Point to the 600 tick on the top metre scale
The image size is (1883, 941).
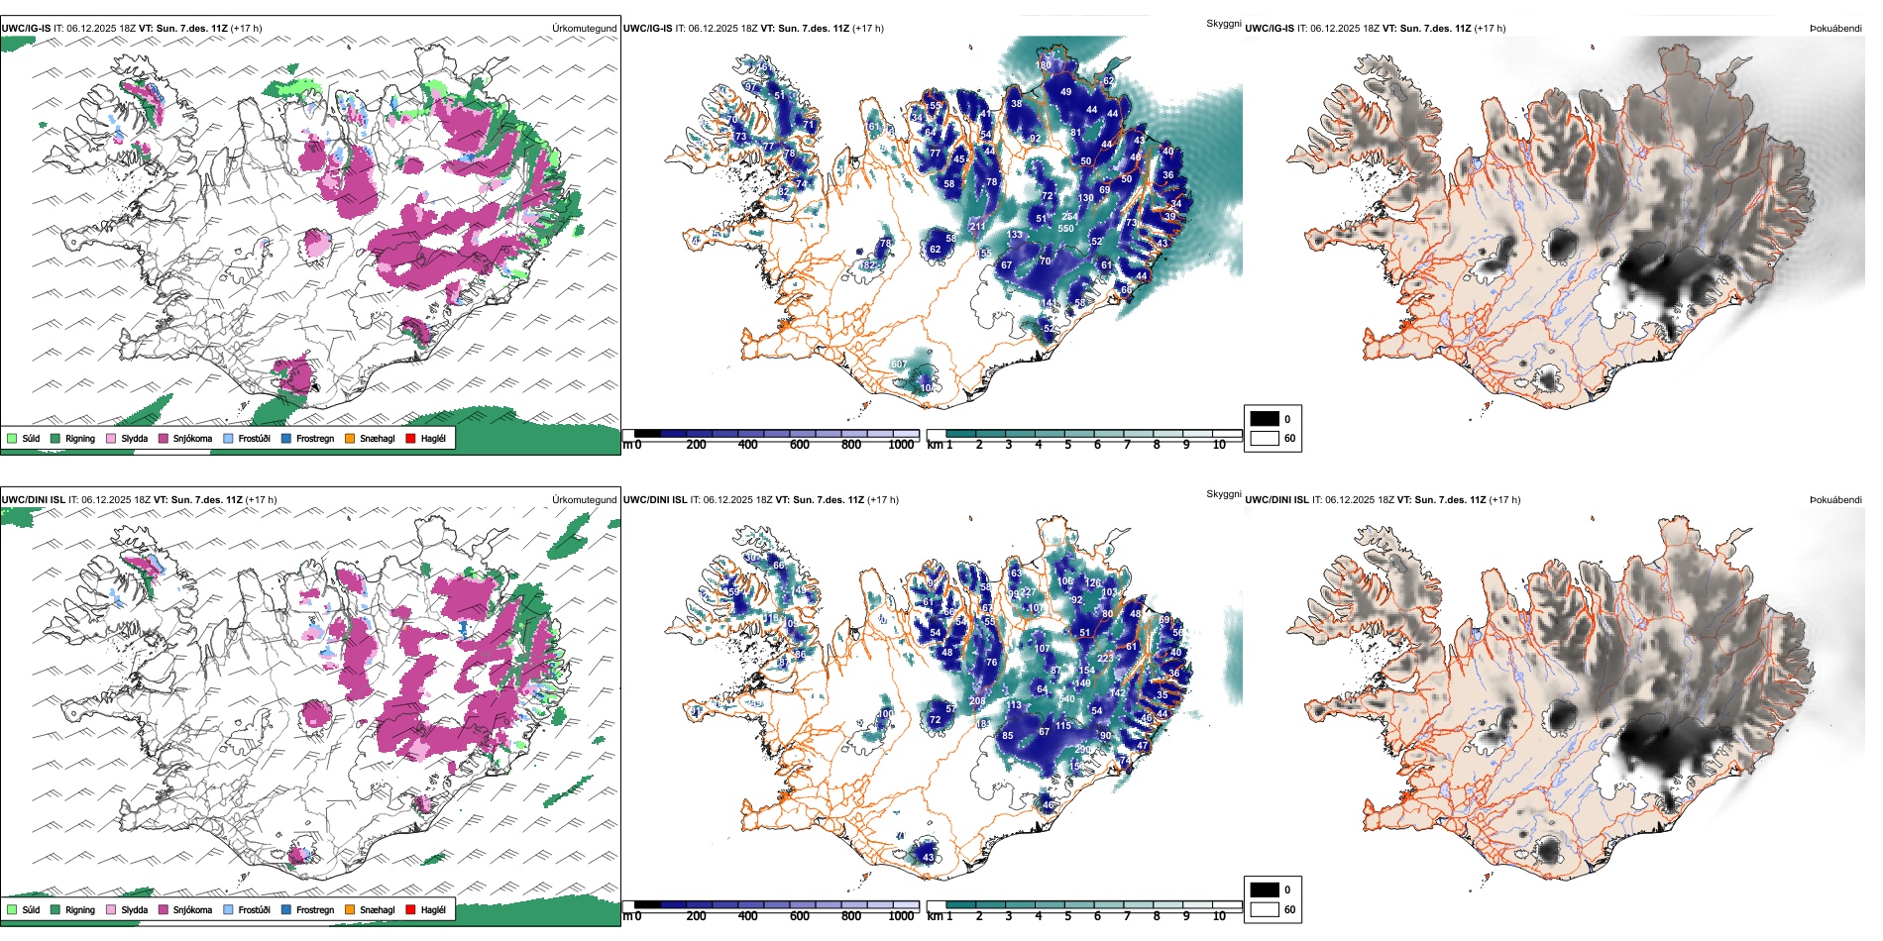(x=800, y=445)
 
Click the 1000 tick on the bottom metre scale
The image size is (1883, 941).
(x=901, y=916)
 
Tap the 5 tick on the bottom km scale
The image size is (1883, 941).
(x=1068, y=916)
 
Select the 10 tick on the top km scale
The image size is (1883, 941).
(x=1219, y=445)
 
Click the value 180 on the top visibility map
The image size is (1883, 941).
(x=1044, y=65)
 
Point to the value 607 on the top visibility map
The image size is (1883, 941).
(x=898, y=365)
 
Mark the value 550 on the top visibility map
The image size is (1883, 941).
(x=1065, y=229)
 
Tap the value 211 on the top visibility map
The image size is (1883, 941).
(x=977, y=227)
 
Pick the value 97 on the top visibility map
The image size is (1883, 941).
(x=750, y=87)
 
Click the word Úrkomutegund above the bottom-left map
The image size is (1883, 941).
(x=584, y=500)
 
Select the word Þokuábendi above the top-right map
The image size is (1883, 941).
(x=1835, y=29)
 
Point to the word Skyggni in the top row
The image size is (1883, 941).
(x=1223, y=23)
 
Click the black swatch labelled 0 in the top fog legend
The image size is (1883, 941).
(x=1265, y=419)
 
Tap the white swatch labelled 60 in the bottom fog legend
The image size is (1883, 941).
(x=1265, y=909)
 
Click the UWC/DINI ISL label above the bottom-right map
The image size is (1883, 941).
(x=1276, y=500)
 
